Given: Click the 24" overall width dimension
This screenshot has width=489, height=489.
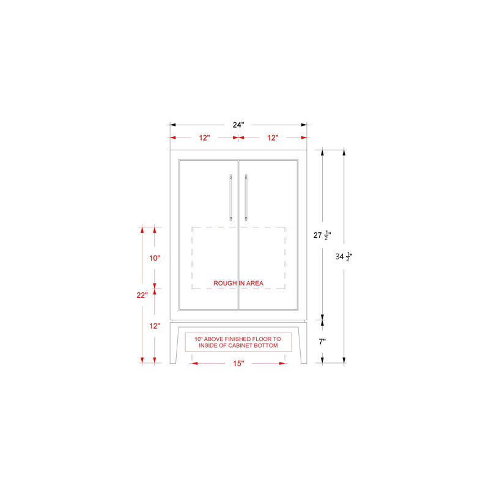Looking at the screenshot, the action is point(238,125).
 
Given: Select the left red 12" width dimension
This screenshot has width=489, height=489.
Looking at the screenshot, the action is point(204,138).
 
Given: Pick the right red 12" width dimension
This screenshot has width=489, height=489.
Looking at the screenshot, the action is point(273,138).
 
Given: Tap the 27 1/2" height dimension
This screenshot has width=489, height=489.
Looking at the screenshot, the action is point(322,235).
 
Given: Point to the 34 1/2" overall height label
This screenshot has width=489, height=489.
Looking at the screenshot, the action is point(344,257).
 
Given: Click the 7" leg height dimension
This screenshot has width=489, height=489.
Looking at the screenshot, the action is point(322,342).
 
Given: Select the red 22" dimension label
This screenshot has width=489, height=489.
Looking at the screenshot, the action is point(142,295).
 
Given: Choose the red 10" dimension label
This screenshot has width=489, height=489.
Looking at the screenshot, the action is point(155,258).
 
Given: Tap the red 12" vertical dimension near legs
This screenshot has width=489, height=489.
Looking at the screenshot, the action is point(155,326).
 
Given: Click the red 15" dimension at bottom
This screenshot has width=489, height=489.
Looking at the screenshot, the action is point(238,363).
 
